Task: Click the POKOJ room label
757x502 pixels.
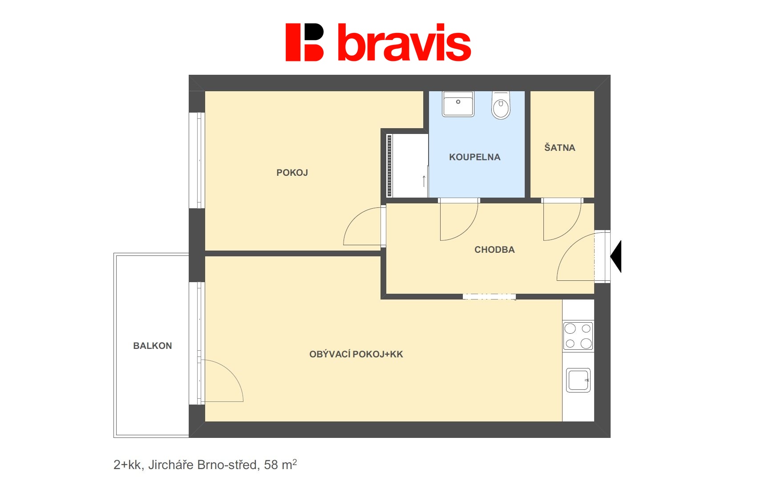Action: tap(292, 173)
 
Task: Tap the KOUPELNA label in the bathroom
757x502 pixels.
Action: tap(474, 157)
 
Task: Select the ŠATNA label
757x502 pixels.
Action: tap(560, 147)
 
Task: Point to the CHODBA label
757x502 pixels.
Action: tap(494, 250)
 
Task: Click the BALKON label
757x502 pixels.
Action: tap(152, 346)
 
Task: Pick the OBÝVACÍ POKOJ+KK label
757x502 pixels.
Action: tap(356, 354)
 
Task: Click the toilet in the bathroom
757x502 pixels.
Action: tap(501, 105)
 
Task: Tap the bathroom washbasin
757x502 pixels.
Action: tap(458, 104)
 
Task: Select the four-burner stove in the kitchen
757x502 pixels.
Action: tap(578, 336)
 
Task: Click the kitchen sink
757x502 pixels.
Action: tap(578, 380)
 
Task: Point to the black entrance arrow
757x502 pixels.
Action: tap(616, 256)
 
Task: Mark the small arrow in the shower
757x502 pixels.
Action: tap(424, 181)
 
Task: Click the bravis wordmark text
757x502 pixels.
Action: tap(404, 43)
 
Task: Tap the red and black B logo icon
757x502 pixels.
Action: tap(304, 42)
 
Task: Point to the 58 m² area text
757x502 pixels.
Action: tap(280, 465)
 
